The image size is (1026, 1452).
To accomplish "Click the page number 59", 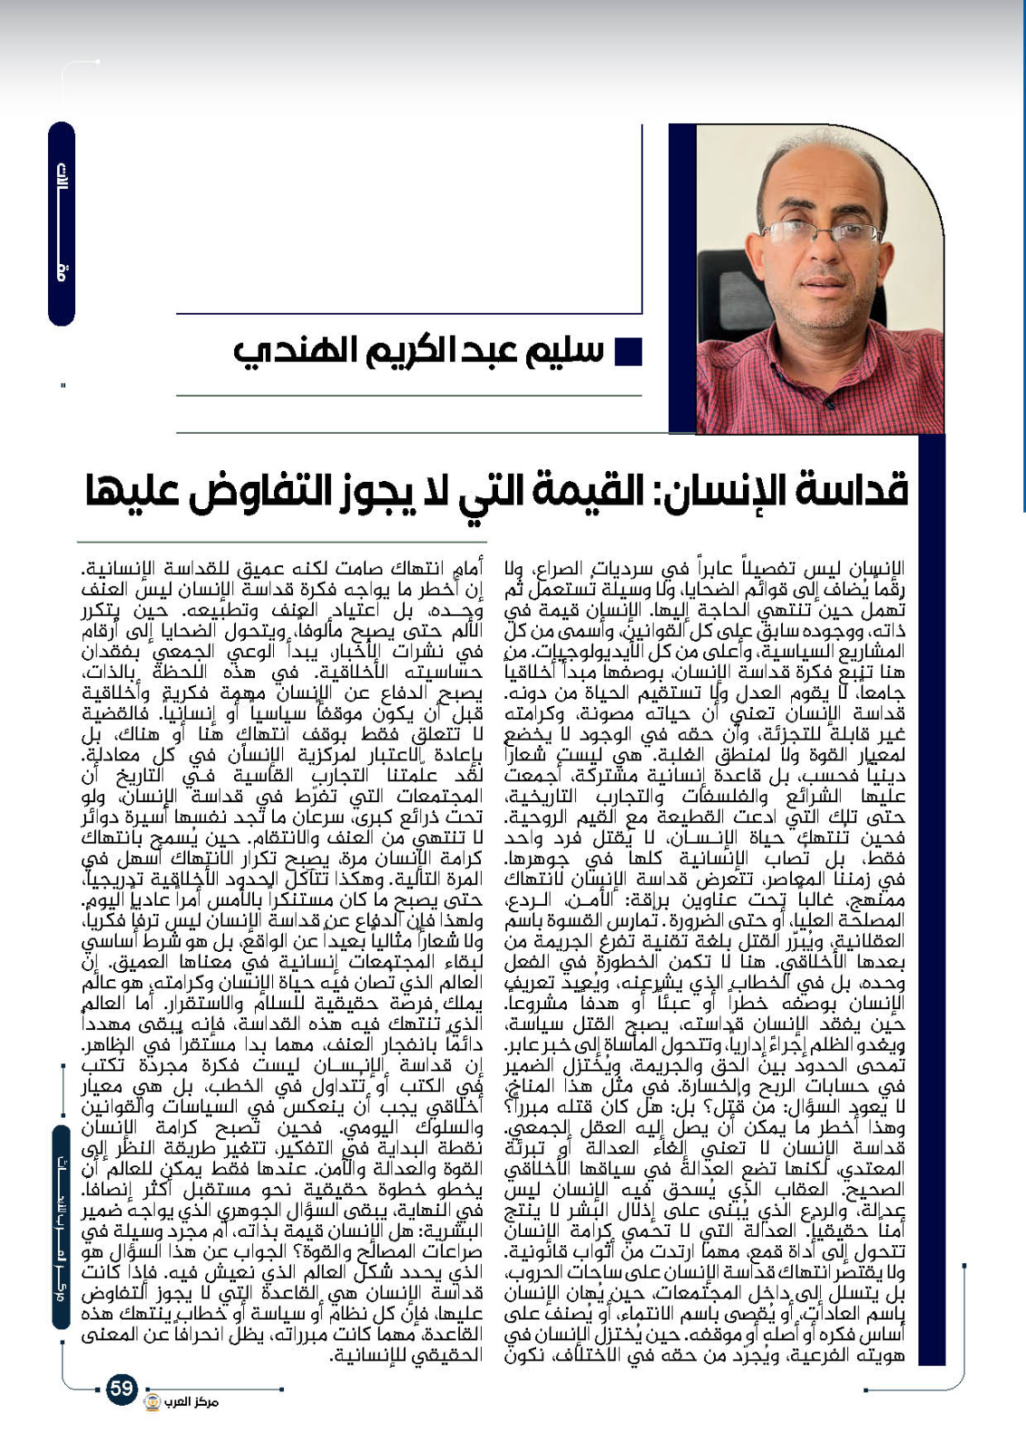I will (x=122, y=1388).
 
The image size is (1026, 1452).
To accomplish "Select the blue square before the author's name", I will (x=629, y=351).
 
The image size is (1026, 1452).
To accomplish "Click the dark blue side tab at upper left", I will (x=61, y=223).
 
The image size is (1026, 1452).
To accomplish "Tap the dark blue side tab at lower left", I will (x=61, y=1226).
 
